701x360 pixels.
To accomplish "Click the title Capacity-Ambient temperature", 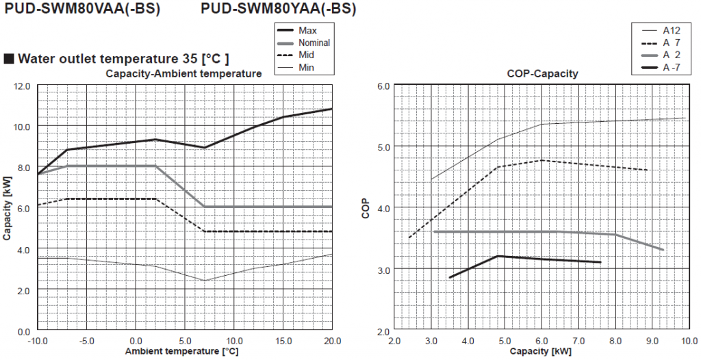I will tap(183, 73).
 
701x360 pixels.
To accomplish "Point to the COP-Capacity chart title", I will tap(542, 73).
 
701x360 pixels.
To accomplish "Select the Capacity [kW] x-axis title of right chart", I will tap(541, 352).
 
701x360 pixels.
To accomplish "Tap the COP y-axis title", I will tap(366, 208).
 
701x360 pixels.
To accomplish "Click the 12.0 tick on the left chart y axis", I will tap(22, 86).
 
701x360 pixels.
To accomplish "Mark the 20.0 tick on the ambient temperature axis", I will tap(331, 341).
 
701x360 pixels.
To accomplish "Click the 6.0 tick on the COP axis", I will tap(384, 86).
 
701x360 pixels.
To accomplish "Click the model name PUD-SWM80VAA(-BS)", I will tap(82, 10).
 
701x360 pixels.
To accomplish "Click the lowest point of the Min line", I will tap(205, 281).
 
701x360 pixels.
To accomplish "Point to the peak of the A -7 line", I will tap(498, 256).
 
